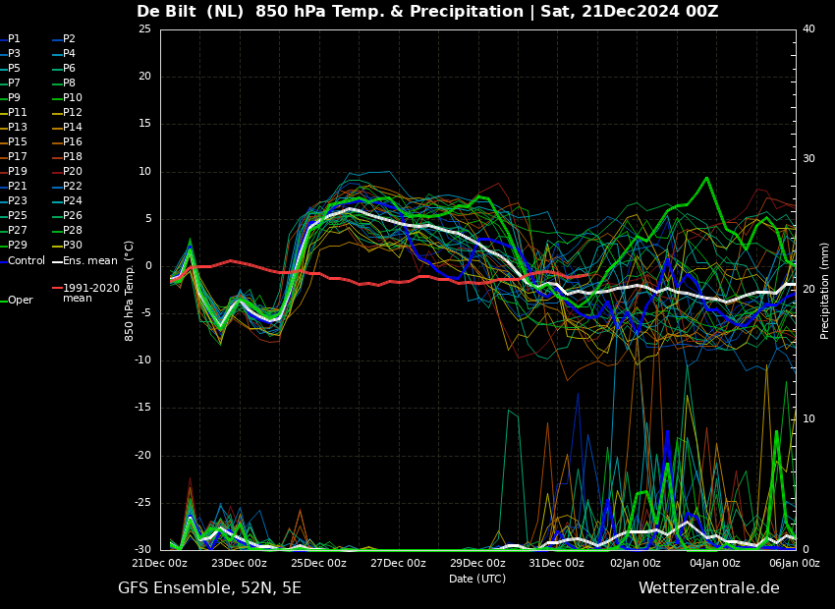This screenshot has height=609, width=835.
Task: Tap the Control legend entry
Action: pos(23,261)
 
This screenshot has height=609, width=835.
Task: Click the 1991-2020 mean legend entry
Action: pos(86,293)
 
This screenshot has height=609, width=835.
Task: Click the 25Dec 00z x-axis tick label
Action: pos(318,563)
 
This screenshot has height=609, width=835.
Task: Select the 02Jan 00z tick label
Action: pos(636,563)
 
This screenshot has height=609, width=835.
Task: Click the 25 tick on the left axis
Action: pos(144,28)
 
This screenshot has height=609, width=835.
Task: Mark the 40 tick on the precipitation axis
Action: pos(808,28)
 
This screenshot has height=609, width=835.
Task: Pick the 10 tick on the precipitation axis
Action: pos(808,419)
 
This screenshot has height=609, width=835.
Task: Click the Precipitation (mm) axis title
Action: pos(824,289)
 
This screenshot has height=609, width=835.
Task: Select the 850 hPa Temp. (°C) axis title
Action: pos(129,291)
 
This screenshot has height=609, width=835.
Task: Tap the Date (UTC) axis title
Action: pos(477,579)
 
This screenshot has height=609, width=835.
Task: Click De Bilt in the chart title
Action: pos(166,11)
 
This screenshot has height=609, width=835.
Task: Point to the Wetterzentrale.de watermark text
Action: pos(709,588)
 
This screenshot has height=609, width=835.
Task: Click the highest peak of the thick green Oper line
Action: pos(706,178)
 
